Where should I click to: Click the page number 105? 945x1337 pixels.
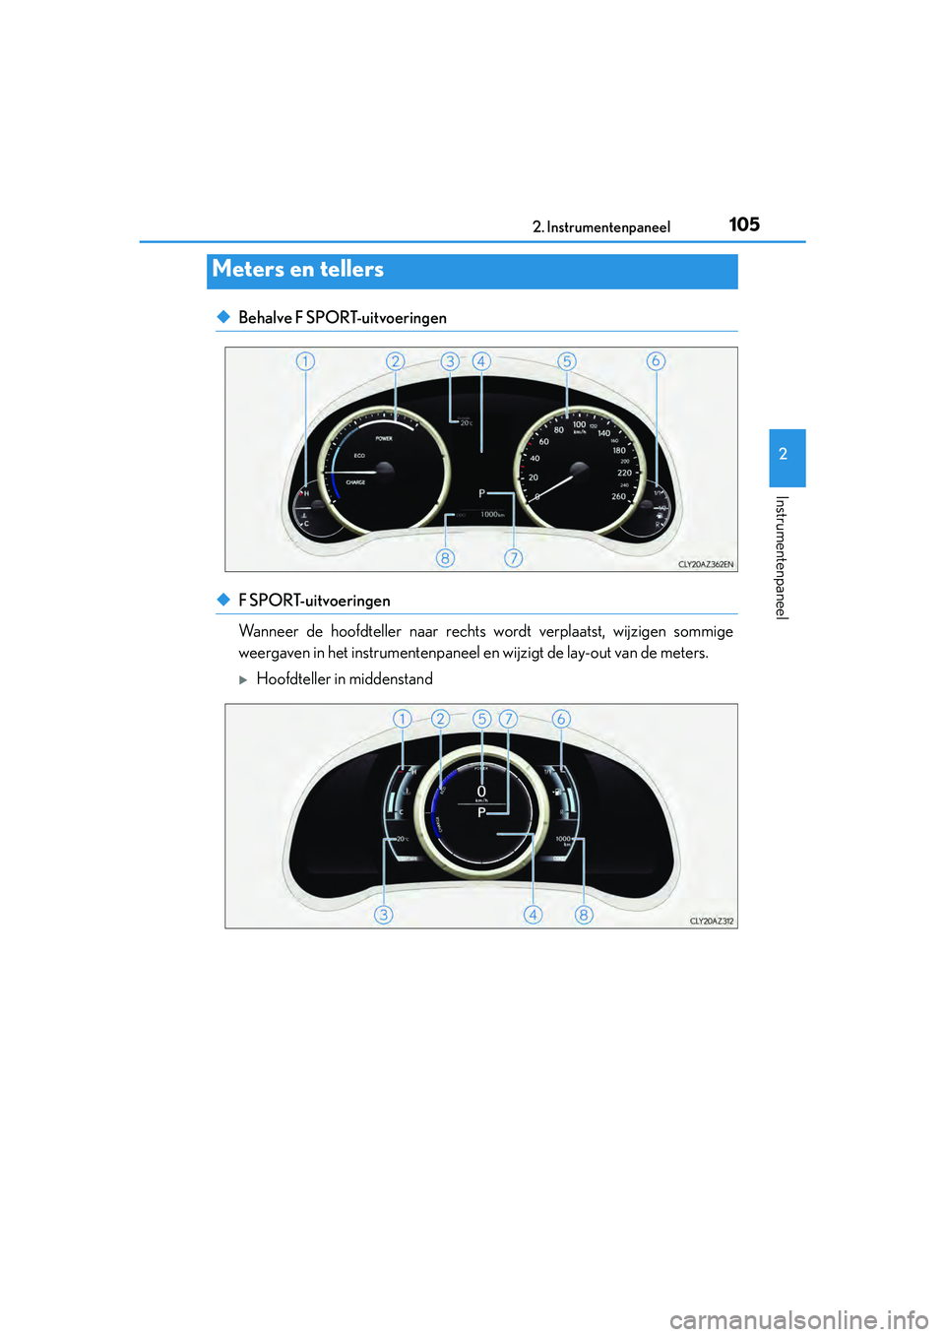click(x=744, y=224)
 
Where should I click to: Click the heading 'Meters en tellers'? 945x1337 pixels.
click(x=298, y=270)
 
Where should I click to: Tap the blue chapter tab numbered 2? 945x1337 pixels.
click(x=787, y=456)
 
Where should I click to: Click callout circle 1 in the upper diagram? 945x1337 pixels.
click(x=305, y=361)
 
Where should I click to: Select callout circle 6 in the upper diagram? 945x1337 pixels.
click(x=656, y=361)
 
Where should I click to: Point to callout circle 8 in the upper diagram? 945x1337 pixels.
click(x=445, y=558)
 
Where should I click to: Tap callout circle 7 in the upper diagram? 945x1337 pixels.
click(x=513, y=558)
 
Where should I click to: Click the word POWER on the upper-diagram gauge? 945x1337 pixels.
click(x=384, y=438)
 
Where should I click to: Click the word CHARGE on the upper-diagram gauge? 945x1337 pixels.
click(x=355, y=482)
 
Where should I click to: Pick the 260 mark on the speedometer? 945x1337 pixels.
click(x=618, y=496)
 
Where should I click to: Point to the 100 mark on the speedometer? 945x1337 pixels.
click(x=579, y=424)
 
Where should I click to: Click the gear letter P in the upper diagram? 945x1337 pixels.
click(x=482, y=493)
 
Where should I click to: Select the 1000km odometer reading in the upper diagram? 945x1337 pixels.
click(x=492, y=515)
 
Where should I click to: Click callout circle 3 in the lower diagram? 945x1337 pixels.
click(x=383, y=915)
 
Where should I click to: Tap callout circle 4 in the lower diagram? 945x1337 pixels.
click(x=533, y=915)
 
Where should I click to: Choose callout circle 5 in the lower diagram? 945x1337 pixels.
click(x=481, y=719)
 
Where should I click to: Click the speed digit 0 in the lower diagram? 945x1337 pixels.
click(x=481, y=792)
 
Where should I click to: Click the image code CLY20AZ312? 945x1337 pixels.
click(x=712, y=922)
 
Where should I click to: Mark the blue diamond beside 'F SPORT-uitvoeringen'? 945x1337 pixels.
click(x=223, y=600)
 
